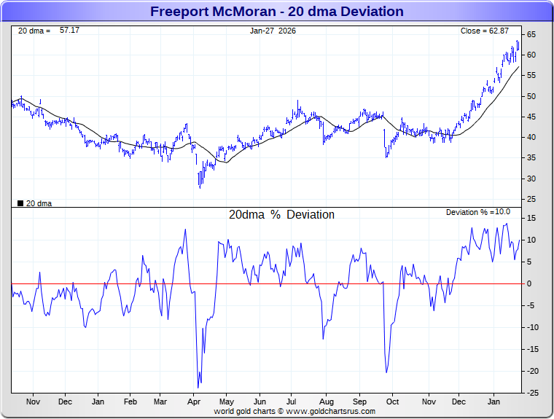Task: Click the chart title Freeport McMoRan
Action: (x=276, y=11)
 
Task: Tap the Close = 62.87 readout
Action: (x=484, y=31)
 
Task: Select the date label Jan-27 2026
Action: (x=273, y=31)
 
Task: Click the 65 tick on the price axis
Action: (x=531, y=34)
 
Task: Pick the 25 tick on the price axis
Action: (x=531, y=199)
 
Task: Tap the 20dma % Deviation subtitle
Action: (x=281, y=215)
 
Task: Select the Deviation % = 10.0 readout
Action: (x=477, y=212)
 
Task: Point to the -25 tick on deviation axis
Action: (x=533, y=393)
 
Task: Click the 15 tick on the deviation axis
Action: (x=532, y=218)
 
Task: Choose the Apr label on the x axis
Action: (x=194, y=402)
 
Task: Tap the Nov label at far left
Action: (x=32, y=402)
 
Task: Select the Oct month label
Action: (x=392, y=402)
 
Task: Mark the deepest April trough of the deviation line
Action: (x=198, y=388)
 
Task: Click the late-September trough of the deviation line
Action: (x=386, y=372)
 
